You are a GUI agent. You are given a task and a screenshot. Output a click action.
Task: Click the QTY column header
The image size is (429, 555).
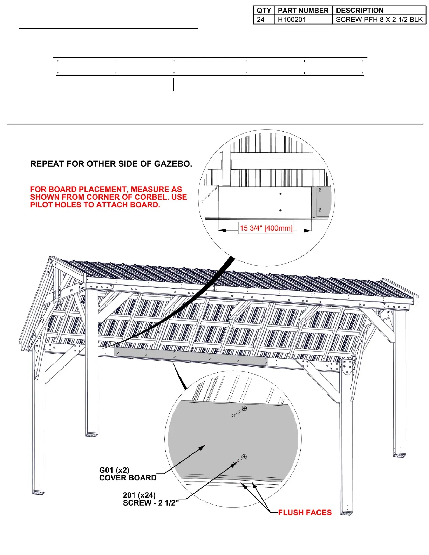(x=264, y=11)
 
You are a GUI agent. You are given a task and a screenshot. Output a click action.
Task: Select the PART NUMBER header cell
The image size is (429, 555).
(x=303, y=11)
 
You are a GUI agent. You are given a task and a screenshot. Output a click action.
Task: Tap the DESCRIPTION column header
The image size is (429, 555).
(x=360, y=11)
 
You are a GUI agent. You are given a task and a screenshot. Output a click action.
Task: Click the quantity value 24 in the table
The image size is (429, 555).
(x=261, y=20)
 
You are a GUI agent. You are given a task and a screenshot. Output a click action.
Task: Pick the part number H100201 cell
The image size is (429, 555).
(x=292, y=20)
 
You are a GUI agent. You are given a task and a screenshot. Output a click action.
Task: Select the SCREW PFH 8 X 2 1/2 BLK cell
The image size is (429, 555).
(x=379, y=20)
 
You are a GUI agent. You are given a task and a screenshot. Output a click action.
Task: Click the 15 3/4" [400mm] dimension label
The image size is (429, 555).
(x=266, y=228)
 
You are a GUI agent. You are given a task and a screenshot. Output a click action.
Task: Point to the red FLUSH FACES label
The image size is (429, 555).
(x=305, y=513)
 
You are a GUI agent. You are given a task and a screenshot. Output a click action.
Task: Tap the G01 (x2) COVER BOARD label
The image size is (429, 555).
(x=128, y=474)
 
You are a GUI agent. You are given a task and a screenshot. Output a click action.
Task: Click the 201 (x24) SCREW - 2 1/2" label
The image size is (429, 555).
(x=151, y=499)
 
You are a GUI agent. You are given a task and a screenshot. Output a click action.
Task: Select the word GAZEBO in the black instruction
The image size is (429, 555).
(x=173, y=164)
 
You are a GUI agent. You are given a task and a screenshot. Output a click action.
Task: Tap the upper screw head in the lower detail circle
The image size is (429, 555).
(x=244, y=408)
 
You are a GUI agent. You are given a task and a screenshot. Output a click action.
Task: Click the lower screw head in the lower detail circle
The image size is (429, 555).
(x=244, y=457)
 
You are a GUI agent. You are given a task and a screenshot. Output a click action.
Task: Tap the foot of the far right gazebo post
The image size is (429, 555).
(x=400, y=455)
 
